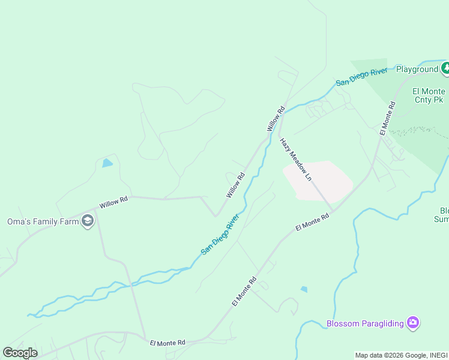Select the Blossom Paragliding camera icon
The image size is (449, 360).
(x=412, y=323)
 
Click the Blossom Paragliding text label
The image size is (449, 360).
(x=364, y=324)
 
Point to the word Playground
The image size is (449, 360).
(x=417, y=69)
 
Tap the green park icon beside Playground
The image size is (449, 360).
(x=445, y=68)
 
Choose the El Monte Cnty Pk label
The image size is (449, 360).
(x=429, y=95)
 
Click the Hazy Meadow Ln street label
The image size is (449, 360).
(x=296, y=160)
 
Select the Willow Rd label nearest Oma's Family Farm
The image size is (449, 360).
(x=113, y=203)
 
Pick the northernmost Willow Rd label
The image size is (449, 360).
(x=275, y=119)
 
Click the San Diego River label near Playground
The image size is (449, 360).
(x=361, y=77)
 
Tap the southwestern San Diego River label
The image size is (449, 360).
(x=220, y=234)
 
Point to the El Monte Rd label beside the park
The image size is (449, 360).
(x=387, y=118)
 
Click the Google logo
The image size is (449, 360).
(x=20, y=353)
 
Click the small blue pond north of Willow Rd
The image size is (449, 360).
(x=107, y=163)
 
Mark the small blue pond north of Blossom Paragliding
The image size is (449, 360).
(x=304, y=289)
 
